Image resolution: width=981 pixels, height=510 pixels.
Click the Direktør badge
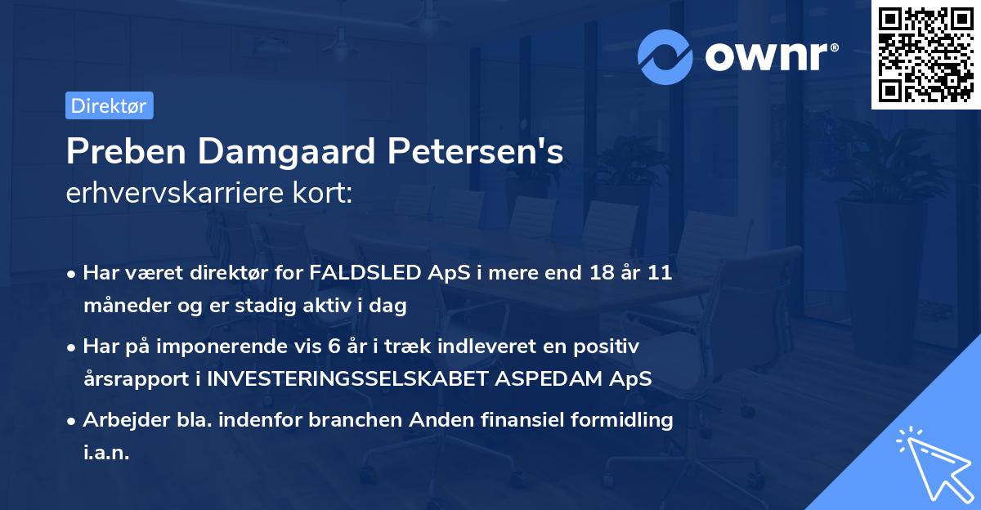[x=109, y=105]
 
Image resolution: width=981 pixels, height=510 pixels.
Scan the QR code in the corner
[x=924, y=55]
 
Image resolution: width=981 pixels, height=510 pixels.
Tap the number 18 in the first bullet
[x=598, y=273]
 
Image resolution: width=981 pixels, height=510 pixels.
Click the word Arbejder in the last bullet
[x=120, y=420]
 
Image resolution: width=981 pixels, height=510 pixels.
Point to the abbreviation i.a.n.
[x=106, y=454]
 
